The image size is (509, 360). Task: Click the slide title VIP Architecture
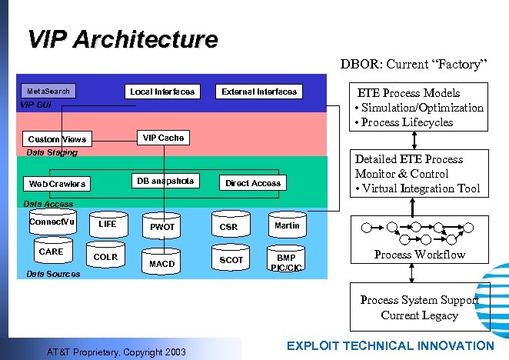click(122, 38)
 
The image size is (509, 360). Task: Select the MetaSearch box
click(48, 91)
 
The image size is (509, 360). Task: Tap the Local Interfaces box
click(162, 92)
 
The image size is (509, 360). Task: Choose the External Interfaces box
click(259, 92)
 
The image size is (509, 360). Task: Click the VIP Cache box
click(163, 138)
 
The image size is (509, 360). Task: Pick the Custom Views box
click(57, 139)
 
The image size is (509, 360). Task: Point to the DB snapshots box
click(165, 181)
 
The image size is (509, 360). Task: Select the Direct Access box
click(253, 183)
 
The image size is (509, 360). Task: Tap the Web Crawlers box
click(57, 184)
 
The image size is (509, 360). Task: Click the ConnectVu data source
click(52, 222)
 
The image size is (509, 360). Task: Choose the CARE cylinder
click(51, 252)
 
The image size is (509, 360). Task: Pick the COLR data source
click(105, 257)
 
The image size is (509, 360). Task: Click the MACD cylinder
click(161, 263)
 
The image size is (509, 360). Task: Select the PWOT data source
click(162, 227)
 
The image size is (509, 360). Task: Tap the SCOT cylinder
click(231, 260)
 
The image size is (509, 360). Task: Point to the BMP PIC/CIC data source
click(286, 262)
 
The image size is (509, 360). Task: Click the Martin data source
click(287, 225)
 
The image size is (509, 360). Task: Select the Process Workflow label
click(420, 255)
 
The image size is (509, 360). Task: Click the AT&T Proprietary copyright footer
click(127, 352)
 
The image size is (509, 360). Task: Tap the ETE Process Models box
click(419, 107)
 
